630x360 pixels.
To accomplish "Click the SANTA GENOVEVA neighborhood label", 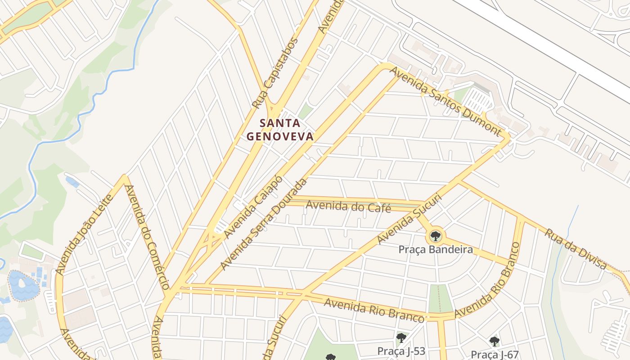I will click(280, 130).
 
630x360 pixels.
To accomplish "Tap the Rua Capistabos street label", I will click(275, 73).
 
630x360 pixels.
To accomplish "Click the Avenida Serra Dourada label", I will click(264, 224).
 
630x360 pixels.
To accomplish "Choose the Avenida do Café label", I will click(348, 207).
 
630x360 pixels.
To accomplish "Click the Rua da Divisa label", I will click(576, 249).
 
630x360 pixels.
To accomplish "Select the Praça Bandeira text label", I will click(435, 249).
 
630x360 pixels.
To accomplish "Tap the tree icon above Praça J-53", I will click(401, 338).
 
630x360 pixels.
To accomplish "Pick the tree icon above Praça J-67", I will click(494, 341).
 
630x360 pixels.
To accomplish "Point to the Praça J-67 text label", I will click(494, 354).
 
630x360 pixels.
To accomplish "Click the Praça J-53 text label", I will click(401, 351).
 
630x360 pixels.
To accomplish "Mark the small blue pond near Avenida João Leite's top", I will click(72, 182).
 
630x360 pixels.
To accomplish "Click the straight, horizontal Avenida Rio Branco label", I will click(373, 310).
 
